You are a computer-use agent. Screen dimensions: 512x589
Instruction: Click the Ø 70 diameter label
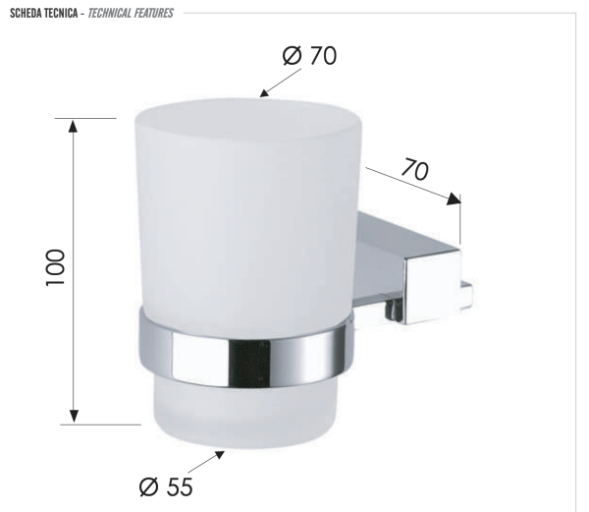tap(308, 56)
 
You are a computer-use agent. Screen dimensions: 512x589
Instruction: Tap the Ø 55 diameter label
tap(166, 485)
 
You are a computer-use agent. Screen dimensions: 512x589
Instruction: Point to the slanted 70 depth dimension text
tap(414, 169)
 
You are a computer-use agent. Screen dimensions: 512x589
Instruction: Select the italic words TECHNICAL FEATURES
tap(132, 13)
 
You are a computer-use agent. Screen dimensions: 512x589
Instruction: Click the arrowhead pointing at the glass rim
tap(263, 94)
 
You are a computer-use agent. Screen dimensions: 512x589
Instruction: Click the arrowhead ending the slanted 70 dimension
tap(454, 199)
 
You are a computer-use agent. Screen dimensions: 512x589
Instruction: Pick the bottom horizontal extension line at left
tap(98, 425)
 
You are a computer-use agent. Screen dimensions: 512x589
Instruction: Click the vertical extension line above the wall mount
tap(459, 224)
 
